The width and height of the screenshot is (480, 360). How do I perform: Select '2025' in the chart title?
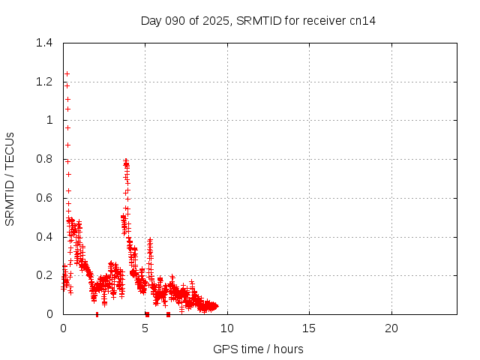click(x=217, y=20)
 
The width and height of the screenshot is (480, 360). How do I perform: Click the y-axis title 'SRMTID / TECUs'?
click(x=10, y=178)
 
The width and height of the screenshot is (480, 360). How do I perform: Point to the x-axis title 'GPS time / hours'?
click(x=258, y=349)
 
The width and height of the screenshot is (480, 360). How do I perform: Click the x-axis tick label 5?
click(x=145, y=328)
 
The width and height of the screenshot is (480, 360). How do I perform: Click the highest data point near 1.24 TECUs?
click(x=67, y=73)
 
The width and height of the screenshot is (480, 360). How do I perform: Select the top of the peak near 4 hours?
click(x=126, y=160)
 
